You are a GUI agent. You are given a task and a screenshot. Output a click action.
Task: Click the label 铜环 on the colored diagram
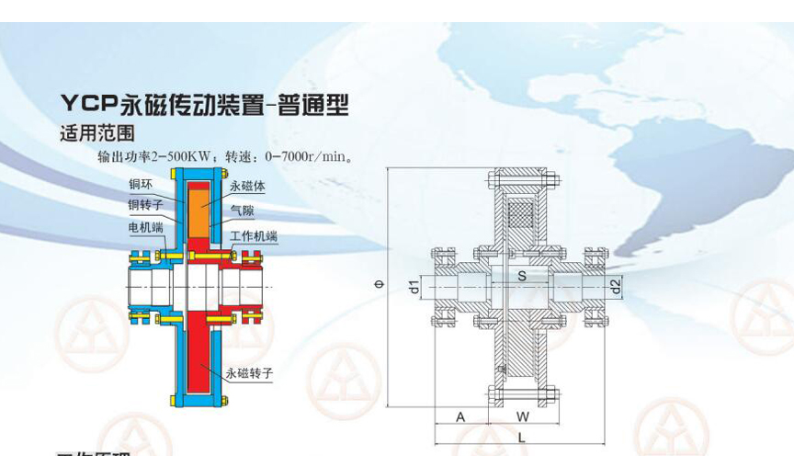tap(141, 186)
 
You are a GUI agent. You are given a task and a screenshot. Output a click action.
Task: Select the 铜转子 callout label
tap(145, 205)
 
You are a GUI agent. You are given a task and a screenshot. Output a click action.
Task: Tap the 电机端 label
tap(145, 226)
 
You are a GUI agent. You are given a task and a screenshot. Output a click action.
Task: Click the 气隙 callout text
tap(242, 210)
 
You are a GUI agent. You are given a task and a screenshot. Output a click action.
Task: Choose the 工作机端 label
tap(254, 237)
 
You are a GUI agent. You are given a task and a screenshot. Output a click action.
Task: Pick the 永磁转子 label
tap(249, 373)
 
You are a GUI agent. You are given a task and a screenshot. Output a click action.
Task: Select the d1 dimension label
tap(414, 286)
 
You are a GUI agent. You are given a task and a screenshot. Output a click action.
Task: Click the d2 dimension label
tap(616, 286)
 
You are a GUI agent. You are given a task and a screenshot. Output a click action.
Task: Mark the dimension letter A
tap(461, 416)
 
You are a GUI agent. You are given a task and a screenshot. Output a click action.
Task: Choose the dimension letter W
tap(522, 416)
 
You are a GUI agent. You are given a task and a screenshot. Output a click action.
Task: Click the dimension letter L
tap(521, 437)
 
